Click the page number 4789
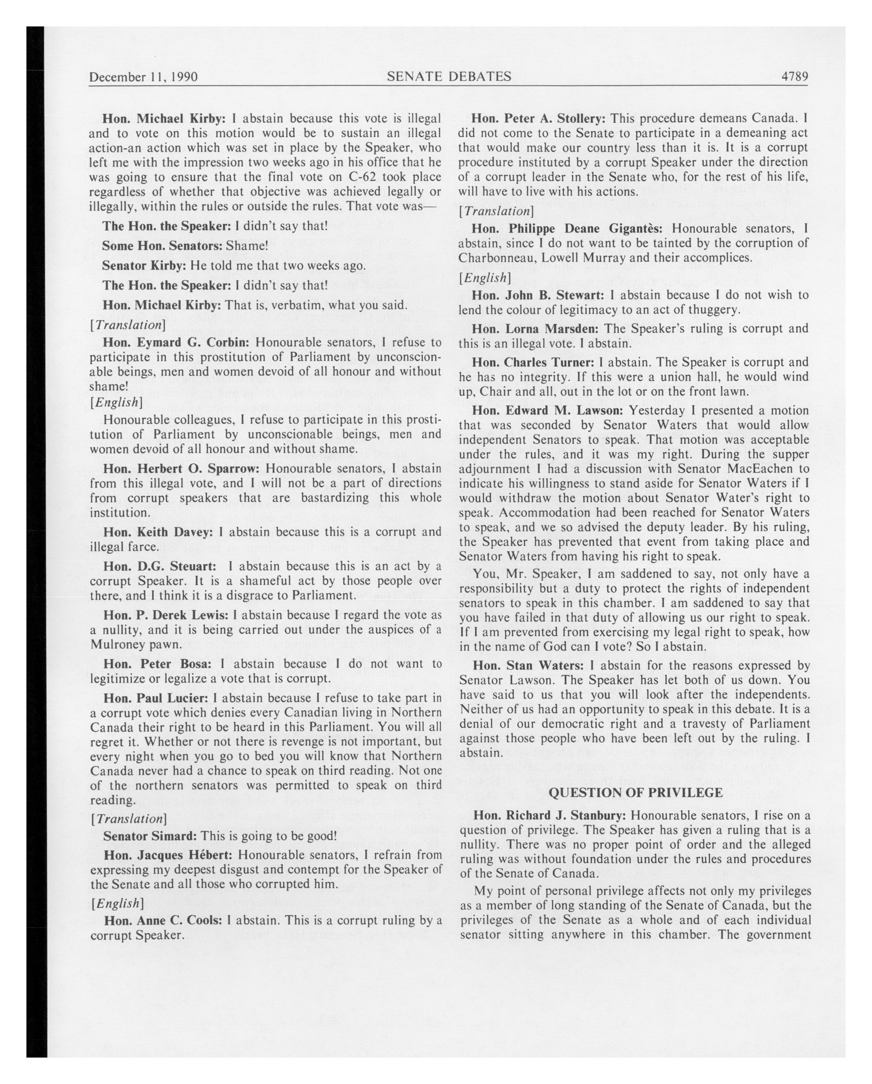(x=794, y=76)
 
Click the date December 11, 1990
(x=143, y=77)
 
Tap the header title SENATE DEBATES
(x=449, y=76)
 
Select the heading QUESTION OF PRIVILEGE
(x=635, y=793)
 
